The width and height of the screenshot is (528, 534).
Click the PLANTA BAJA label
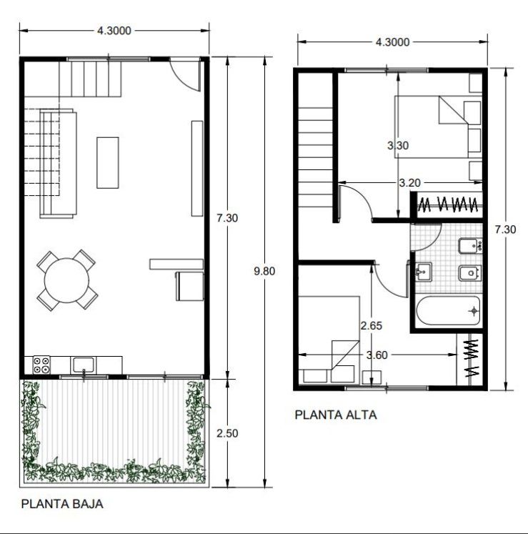pos(62,504)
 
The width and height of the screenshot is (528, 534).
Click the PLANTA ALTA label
pos(336,415)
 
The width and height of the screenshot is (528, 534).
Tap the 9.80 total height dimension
pos(264,271)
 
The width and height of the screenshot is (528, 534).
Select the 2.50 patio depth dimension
pos(227,433)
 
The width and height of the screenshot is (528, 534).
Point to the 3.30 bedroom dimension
pos(398,145)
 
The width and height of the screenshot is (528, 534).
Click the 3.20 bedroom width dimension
pos(409,183)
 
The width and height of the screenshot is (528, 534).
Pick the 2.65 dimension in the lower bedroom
pos(372,325)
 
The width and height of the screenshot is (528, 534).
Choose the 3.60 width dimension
pos(377,355)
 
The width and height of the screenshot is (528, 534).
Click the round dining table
pos(66,280)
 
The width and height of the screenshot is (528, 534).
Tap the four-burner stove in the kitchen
pos(41,365)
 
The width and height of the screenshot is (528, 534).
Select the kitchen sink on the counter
pos(84,365)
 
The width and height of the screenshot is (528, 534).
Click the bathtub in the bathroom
pos(448,310)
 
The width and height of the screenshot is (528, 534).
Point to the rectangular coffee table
pos(108,163)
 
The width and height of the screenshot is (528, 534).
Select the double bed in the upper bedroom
pos(437,127)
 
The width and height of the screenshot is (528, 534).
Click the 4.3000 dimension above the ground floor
pos(114,31)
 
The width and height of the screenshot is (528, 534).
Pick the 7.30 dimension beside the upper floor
pos(505,229)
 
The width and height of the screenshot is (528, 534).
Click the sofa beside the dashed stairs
pos(58,164)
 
